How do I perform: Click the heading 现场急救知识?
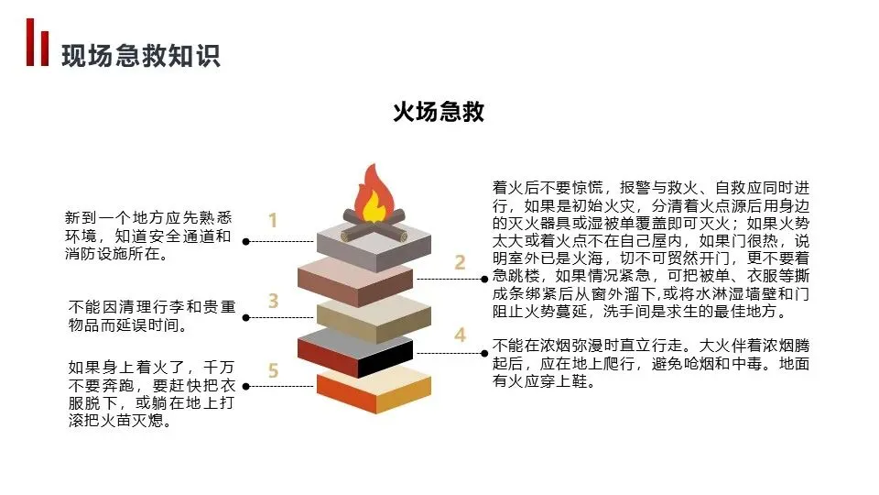(141, 55)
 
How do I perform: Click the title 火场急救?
(439, 113)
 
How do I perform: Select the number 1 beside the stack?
(272, 220)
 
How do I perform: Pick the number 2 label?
(460, 263)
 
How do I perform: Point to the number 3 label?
(273, 300)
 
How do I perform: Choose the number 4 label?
(460, 335)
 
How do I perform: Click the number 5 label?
(273, 370)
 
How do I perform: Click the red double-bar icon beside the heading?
(37, 42)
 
